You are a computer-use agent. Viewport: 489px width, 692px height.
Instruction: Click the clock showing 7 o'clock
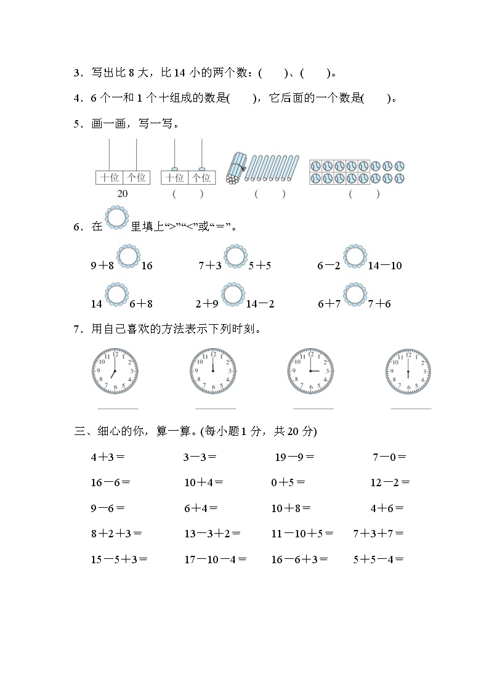pyautogui.click(x=115, y=372)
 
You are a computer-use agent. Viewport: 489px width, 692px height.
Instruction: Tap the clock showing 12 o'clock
pyautogui.click(x=212, y=372)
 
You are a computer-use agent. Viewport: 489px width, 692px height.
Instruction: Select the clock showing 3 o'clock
pyautogui.click(x=310, y=372)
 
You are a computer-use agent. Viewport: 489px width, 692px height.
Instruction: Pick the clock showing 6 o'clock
pyautogui.click(x=408, y=372)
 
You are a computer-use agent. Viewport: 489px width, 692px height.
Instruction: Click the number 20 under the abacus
pyautogui.click(x=123, y=193)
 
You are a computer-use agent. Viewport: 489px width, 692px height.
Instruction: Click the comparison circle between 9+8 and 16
pyautogui.click(x=128, y=257)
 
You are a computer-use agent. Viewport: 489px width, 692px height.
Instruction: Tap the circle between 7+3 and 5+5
pyautogui.click(x=235, y=257)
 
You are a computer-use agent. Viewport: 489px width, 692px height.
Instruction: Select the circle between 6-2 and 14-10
pyautogui.click(x=354, y=257)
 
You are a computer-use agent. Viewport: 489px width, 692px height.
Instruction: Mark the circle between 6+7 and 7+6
pyautogui.click(x=354, y=295)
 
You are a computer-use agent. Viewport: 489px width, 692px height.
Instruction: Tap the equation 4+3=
pyautogui.click(x=108, y=457)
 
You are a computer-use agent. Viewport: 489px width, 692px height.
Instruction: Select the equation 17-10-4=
pyautogui.click(x=216, y=560)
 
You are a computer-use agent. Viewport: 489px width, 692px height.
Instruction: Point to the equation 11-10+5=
pyautogui.click(x=302, y=534)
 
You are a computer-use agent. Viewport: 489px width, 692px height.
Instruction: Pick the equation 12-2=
pyautogui.click(x=390, y=482)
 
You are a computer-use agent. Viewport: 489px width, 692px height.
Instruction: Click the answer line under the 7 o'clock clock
pyautogui.click(x=118, y=408)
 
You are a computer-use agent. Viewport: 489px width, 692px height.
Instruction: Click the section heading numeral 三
pyautogui.click(x=79, y=431)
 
